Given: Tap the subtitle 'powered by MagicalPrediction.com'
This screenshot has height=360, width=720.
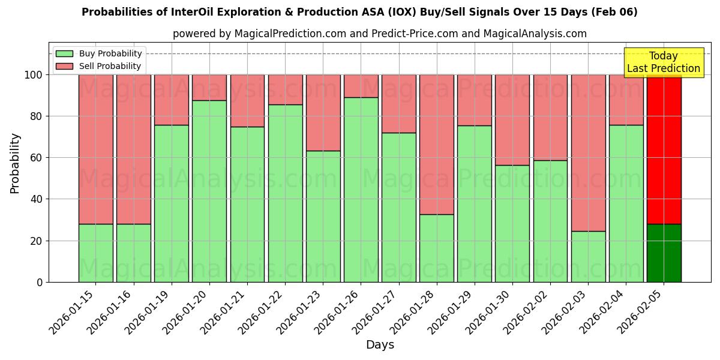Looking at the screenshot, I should (x=379, y=34).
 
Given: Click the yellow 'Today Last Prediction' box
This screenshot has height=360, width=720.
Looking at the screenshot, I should (x=663, y=62).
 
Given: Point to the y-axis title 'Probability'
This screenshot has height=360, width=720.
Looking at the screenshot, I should (x=15, y=163).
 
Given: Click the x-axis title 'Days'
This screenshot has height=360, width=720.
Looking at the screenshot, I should (x=380, y=344).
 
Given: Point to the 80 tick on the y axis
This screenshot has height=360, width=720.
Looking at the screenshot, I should (x=37, y=116).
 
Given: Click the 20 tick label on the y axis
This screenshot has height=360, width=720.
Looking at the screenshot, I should (x=37, y=241).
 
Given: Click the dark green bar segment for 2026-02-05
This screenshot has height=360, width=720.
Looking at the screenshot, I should (x=664, y=253).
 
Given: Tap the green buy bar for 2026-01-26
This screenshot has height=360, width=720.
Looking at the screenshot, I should (x=361, y=190).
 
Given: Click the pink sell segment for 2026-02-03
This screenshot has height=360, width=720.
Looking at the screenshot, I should (x=588, y=153).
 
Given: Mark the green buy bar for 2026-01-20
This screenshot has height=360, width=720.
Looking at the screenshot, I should (x=209, y=191).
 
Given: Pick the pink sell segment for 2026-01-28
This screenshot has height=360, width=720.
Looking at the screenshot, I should (x=436, y=144).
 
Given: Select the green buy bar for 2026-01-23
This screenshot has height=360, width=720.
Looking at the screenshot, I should (x=323, y=216).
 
